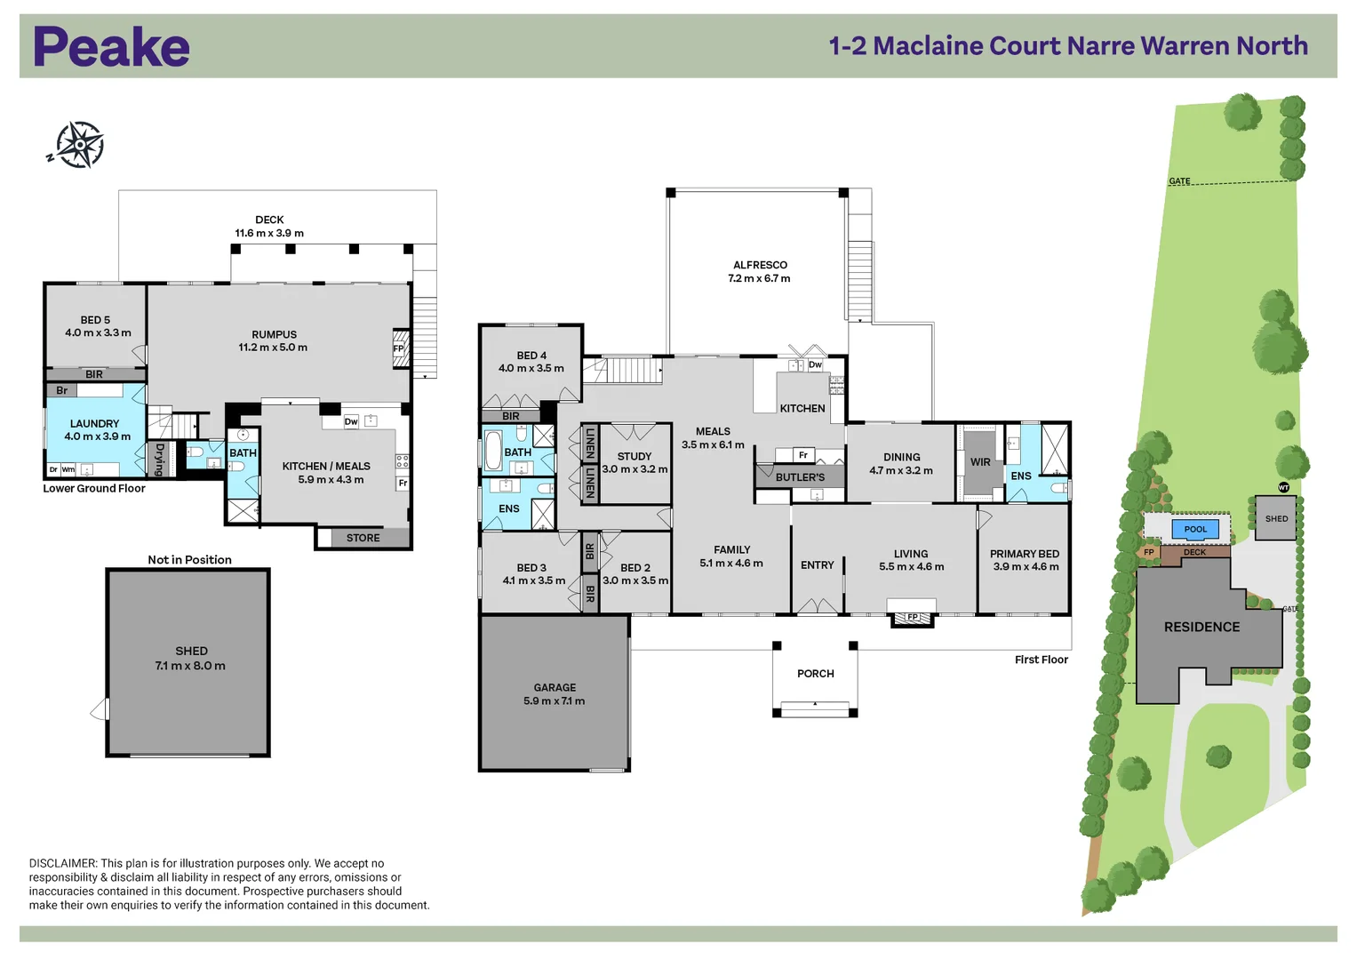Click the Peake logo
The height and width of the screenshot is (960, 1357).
pos(111,46)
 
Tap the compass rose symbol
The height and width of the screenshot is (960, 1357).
pos(79,145)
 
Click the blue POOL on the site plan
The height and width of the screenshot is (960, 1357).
pos(1195,529)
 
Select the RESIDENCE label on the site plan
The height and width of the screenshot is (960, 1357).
pos(1201,628)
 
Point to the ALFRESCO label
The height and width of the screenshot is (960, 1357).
pos(761,265)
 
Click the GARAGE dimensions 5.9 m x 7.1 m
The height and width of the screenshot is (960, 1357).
pos(555,701)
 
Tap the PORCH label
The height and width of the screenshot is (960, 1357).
pos(816,674)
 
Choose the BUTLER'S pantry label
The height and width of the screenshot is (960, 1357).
pos(800,477)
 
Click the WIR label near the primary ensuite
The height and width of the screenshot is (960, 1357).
pos(980,462)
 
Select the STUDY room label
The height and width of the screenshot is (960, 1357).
pos(635,456)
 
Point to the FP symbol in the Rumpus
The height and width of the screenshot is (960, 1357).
pos(399,348)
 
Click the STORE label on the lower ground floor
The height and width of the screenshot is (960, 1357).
pos(363,538)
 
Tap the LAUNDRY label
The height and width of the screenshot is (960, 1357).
pos(94,424)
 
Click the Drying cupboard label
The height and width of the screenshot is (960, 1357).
pos(160,460)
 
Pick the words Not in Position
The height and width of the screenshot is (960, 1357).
pos(189,559)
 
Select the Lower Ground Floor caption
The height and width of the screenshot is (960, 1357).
pos(94,489)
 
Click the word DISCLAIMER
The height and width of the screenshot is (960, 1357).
pos(62,863)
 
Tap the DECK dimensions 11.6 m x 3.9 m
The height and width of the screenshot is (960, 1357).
pos(269,233)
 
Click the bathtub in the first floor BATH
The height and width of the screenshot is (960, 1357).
pos(493,451)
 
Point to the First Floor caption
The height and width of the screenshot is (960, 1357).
pos(1042,660)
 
